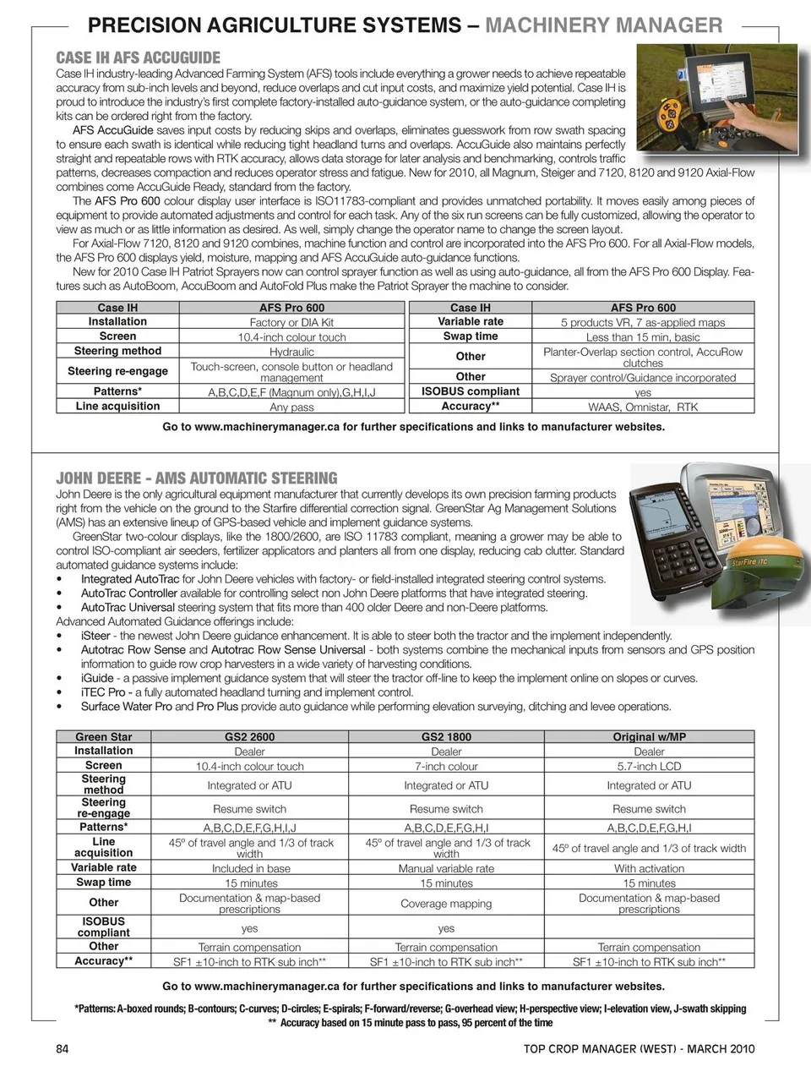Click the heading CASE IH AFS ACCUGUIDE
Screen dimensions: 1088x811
click(138, 57)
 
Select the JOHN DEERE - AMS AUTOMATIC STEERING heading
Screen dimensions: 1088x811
click(196, 478)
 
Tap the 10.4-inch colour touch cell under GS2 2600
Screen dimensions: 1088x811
click(249, 766)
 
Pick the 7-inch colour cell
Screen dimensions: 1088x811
click(446, 766)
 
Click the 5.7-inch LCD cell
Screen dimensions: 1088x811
click(649, 766)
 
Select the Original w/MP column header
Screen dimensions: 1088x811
click(649, 737)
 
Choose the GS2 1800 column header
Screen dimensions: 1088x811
click(446, 737)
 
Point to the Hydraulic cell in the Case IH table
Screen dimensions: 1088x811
click(291, 352)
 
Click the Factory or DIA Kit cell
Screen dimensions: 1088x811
click(291, 322)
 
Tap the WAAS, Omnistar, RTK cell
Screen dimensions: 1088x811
click(643, 407)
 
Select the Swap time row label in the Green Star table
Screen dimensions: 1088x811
click(103, 882)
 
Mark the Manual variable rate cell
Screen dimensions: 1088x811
click(446, 868)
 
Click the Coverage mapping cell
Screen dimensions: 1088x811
click(446, 904)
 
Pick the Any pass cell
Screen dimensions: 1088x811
click(291, 407)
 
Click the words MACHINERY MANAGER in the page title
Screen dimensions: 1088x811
click(603, 25)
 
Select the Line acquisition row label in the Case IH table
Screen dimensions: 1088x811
click(117, 406)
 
